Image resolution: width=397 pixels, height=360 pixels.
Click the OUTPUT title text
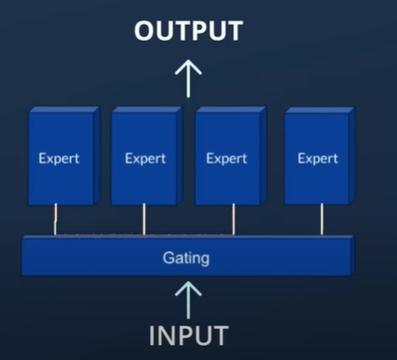coord(189,31)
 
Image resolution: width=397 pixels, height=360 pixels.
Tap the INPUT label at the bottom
coord(189,335)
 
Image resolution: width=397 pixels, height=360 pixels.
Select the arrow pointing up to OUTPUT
coord(188,79)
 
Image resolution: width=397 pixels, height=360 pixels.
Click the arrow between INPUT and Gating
coord(188,300)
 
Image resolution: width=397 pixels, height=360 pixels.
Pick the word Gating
coord(186,258)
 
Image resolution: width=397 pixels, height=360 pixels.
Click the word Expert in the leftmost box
coord(59,159)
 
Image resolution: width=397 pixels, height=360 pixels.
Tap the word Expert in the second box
coord(145,159)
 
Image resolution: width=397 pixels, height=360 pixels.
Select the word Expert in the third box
coord(227,159)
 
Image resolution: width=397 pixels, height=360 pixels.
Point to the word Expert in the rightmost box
coord(318,159)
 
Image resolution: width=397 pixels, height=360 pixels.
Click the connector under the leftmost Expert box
coord(55,219)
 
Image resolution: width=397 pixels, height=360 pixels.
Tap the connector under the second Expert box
coord(144,219)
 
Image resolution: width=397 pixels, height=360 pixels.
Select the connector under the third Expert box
coord(234,219)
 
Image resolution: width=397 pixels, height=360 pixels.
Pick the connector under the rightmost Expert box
coord(322,219)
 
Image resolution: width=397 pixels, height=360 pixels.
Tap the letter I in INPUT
coord(152,335)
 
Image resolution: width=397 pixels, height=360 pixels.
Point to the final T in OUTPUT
coord(234,31)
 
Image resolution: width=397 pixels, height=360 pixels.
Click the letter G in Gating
coord(168,257)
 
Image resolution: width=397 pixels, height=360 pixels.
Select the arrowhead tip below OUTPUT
coord(188,60)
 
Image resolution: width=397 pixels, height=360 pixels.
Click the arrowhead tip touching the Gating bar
coord(188,281)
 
